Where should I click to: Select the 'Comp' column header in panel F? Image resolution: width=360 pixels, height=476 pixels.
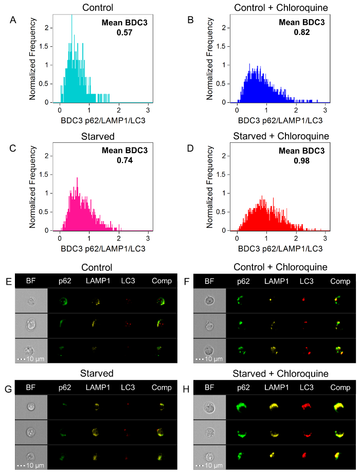pyautogui.click(x=340, y=281)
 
